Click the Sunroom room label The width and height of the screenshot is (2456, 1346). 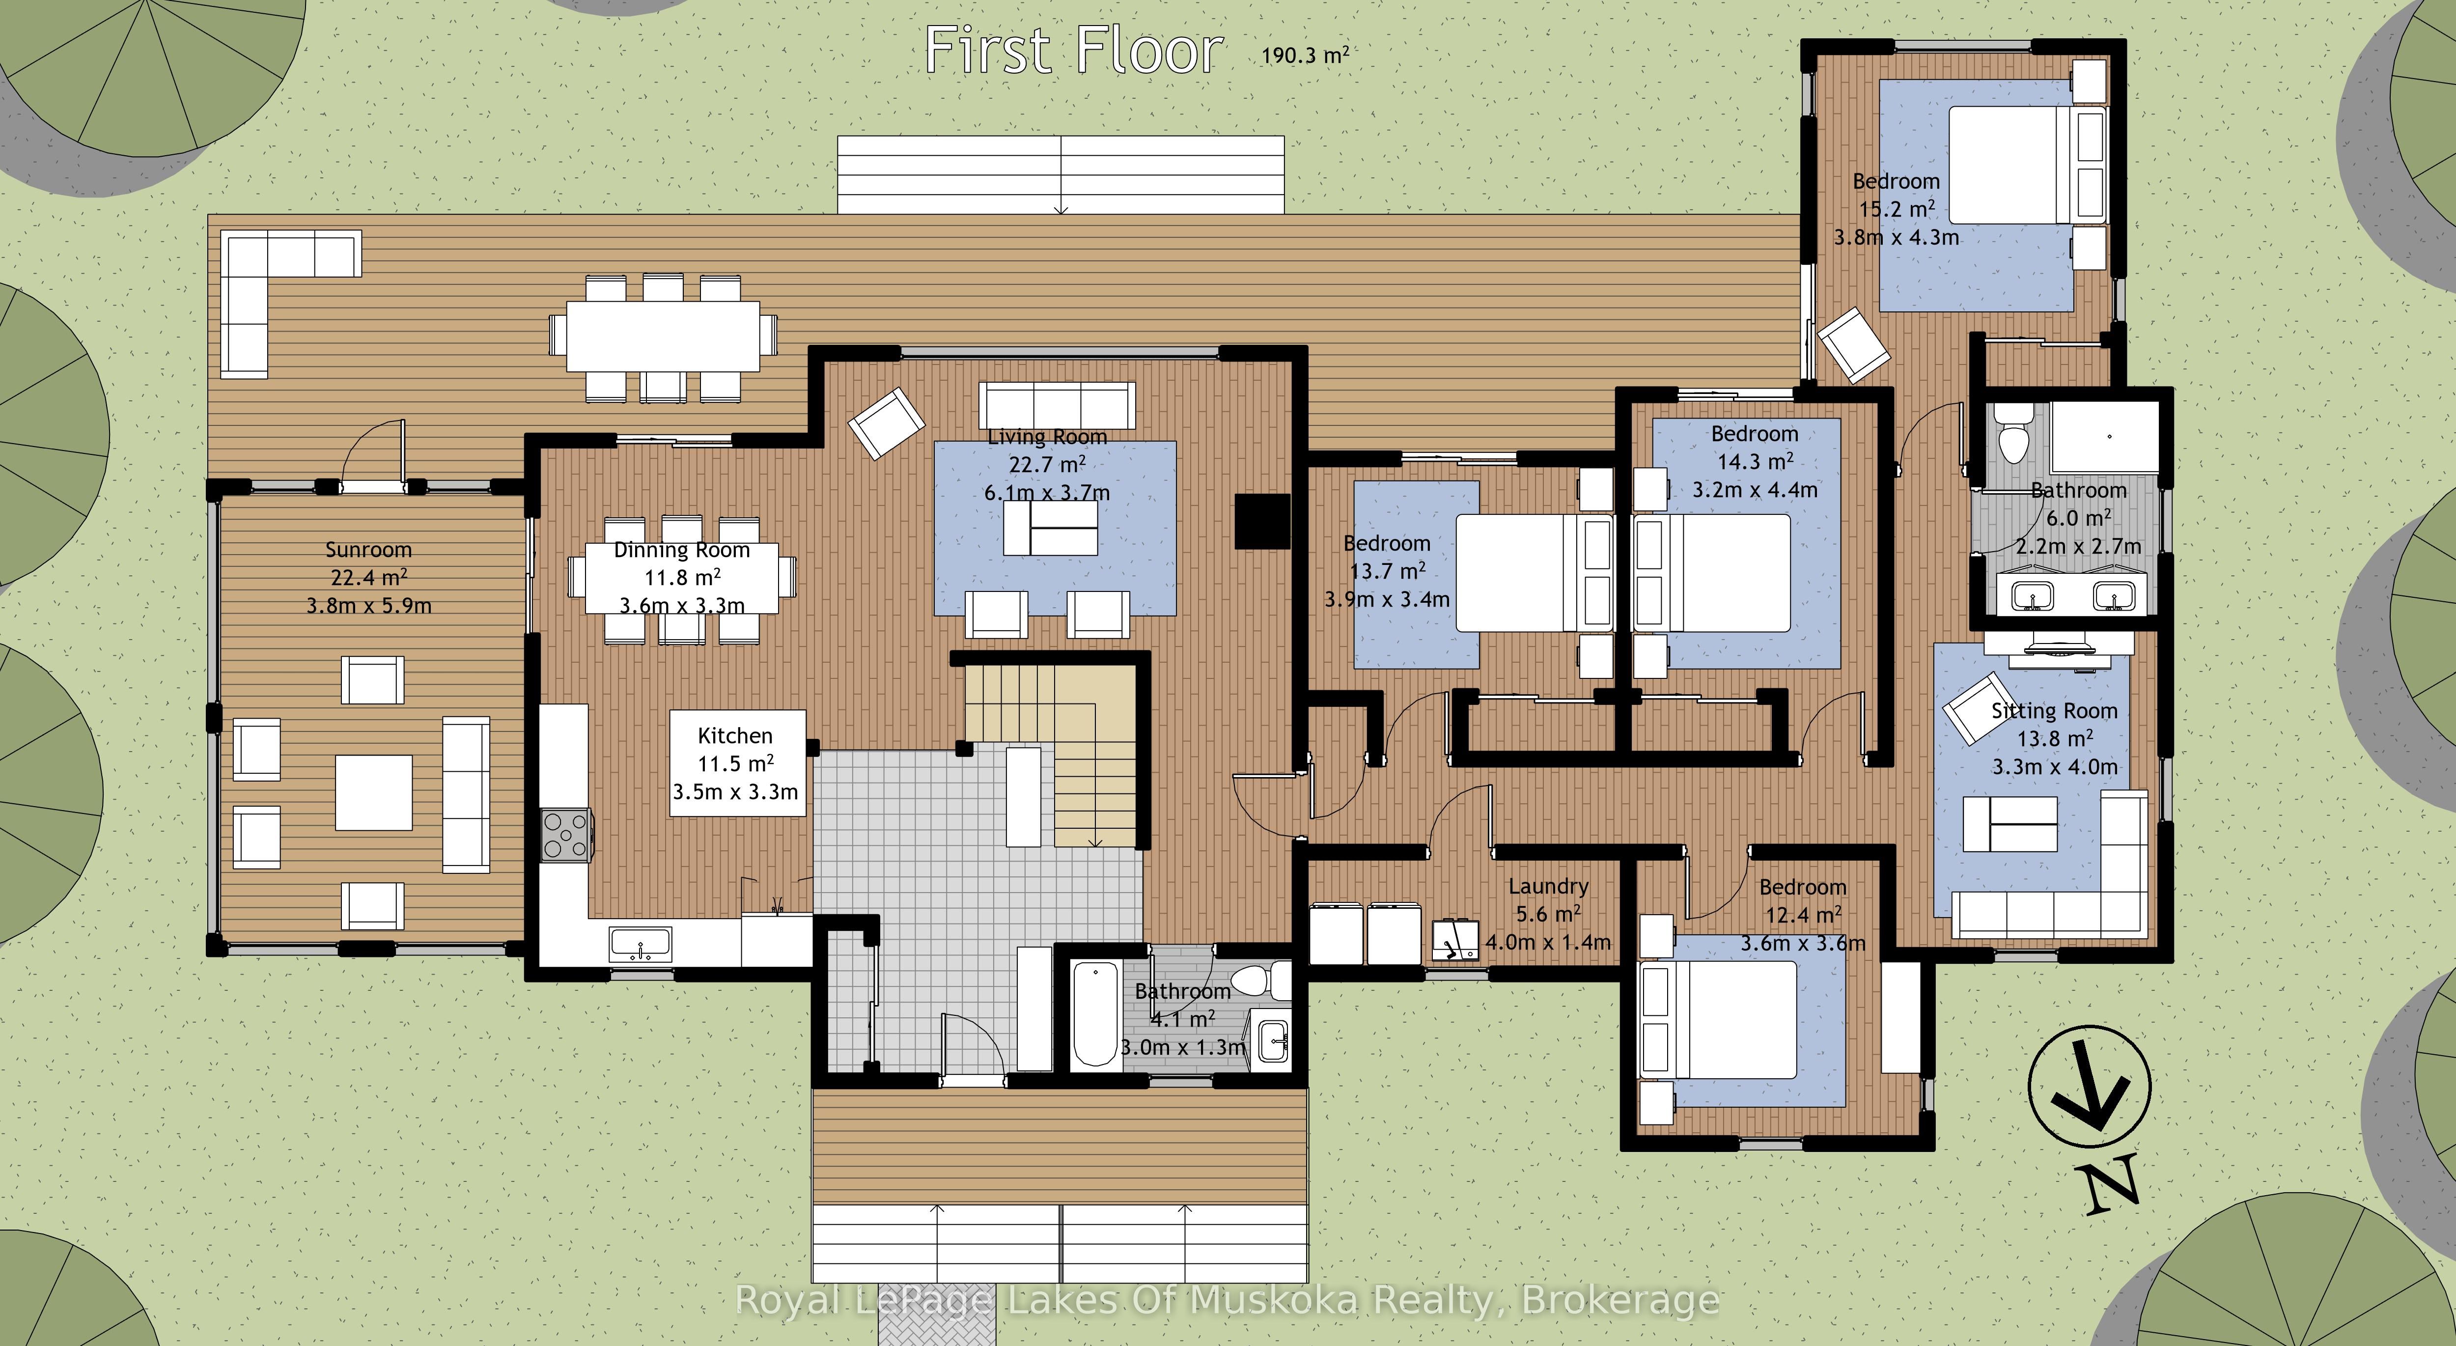(368, 550)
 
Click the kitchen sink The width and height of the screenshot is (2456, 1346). (641, 944)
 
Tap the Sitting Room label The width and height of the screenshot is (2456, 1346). (2055, 711)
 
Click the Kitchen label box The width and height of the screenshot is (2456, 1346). (737, 762)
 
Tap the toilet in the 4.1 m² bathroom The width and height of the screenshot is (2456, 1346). (1256, 979)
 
